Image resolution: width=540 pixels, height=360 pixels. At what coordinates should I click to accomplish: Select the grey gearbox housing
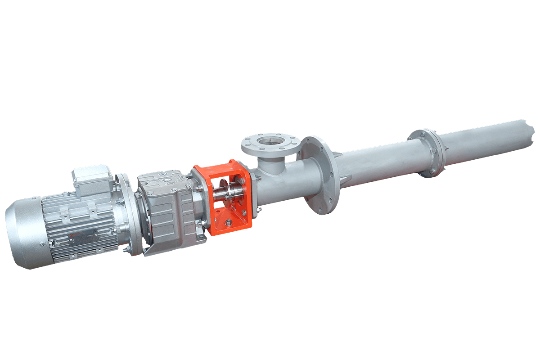point(169,211)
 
